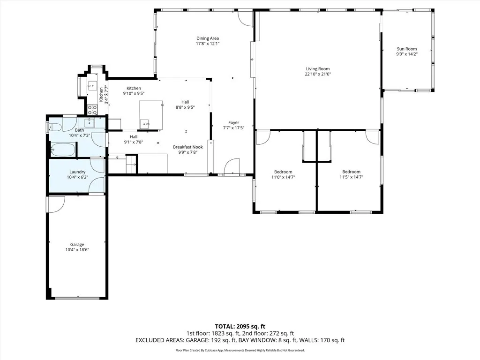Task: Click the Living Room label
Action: click(318, 69)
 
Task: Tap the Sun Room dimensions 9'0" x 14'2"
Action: click(406, 54)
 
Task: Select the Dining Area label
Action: click(207, 38)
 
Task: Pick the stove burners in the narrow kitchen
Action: click(92, 110)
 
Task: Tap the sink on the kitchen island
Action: click(144, 124)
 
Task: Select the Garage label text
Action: click(77, 244)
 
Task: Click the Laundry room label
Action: click(77, 172)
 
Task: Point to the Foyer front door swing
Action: click(232, 166)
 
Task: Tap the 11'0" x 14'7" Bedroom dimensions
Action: click(283, 177)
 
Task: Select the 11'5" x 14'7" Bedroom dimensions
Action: click(351, 177)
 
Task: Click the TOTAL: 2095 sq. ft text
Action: click(240, 326)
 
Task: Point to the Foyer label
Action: click(233, 123)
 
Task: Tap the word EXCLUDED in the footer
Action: click(150, 340)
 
